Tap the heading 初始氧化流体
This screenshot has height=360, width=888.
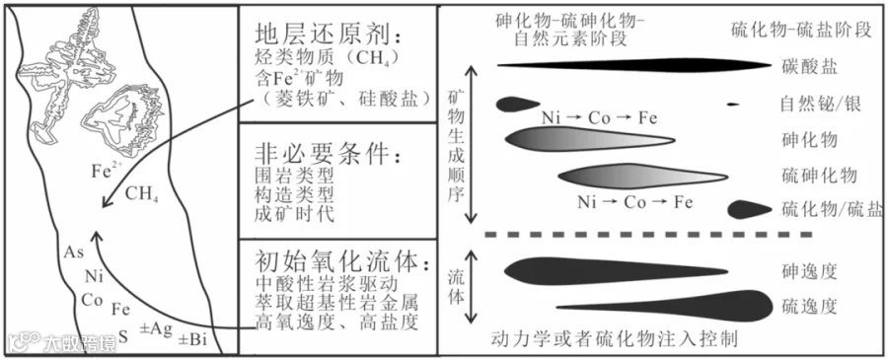point(337,262)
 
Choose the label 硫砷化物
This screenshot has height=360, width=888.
point(818,175)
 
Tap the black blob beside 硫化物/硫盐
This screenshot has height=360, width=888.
point(749,209)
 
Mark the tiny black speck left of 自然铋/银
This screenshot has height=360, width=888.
point(733,105)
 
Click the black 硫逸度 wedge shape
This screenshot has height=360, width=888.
point(664,306)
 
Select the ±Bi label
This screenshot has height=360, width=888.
point(192,339)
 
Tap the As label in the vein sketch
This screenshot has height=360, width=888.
point(74,252)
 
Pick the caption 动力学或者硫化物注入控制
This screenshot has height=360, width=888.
point(615,339)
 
